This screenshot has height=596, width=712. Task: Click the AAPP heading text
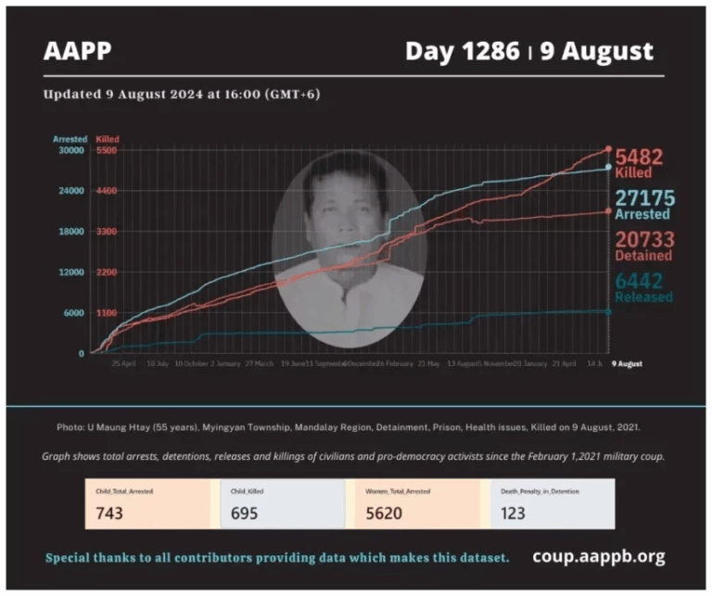point(77,52)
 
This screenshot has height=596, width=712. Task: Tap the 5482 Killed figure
point(639,157)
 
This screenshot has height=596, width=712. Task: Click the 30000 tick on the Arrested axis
point(71,150)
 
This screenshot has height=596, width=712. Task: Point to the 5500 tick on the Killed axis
point(106,150)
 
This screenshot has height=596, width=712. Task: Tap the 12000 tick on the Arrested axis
point(71,273)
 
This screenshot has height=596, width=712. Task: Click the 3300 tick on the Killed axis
point(106,232)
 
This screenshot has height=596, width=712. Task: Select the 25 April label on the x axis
point(123,364)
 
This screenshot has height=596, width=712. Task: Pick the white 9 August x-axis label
point(626,364)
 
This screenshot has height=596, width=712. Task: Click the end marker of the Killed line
point(608,148)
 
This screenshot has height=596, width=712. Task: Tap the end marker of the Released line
point(608,311)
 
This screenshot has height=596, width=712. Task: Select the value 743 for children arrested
point(108,513)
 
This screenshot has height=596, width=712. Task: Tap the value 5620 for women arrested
point(383,513)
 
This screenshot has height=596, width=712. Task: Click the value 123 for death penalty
point(513,513)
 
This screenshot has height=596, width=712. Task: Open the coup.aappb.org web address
point(598,557)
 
